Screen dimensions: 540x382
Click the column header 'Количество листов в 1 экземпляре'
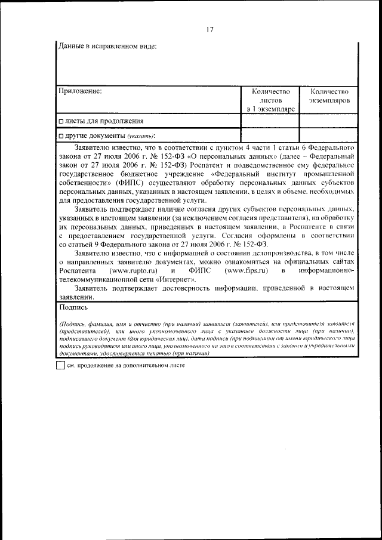[270, 100]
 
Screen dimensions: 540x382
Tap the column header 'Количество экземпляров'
[329, 96]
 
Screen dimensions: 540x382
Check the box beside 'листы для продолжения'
[61, 122]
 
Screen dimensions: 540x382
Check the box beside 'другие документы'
[61, 136]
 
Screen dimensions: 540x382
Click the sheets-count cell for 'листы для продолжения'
[270, 121]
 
